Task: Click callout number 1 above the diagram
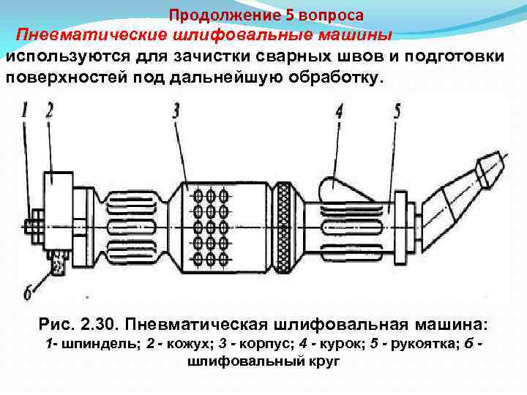26,110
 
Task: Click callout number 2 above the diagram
49,110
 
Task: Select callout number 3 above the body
176,110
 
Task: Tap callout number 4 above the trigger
339,110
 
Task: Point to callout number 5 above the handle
396,110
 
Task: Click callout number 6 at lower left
28,293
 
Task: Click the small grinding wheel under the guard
57,260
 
